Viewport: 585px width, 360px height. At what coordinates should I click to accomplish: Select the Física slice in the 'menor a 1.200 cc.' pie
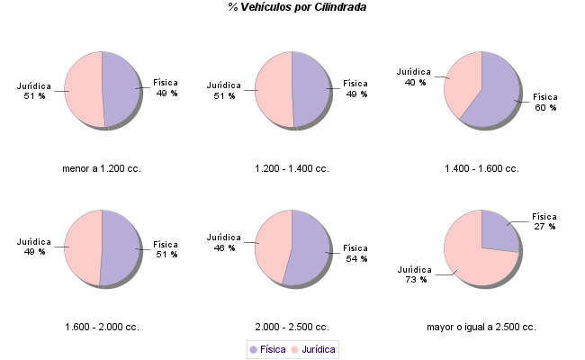(121, 90)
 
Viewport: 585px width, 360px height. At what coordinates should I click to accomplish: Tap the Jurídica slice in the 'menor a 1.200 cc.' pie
(83, 90)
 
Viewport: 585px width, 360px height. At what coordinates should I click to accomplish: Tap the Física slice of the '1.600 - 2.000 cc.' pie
(121, 248)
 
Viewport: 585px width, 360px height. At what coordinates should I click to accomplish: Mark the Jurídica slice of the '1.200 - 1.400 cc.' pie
(274, 90)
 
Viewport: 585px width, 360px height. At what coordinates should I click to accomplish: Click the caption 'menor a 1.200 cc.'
(102, 168)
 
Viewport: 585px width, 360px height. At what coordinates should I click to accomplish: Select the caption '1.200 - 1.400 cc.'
(292, 168)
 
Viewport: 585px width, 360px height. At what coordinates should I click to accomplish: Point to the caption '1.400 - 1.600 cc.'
(481, 168)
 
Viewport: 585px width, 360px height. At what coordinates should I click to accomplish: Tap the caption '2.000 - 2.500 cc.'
(292, 327)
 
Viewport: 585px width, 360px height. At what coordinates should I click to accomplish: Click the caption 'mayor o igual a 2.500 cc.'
(481, 327)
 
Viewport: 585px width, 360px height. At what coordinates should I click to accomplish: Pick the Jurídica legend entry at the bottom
(313, 348)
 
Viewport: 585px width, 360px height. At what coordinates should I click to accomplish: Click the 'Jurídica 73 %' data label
(415, 274)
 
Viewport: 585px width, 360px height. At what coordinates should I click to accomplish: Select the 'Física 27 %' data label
(544, 221)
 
